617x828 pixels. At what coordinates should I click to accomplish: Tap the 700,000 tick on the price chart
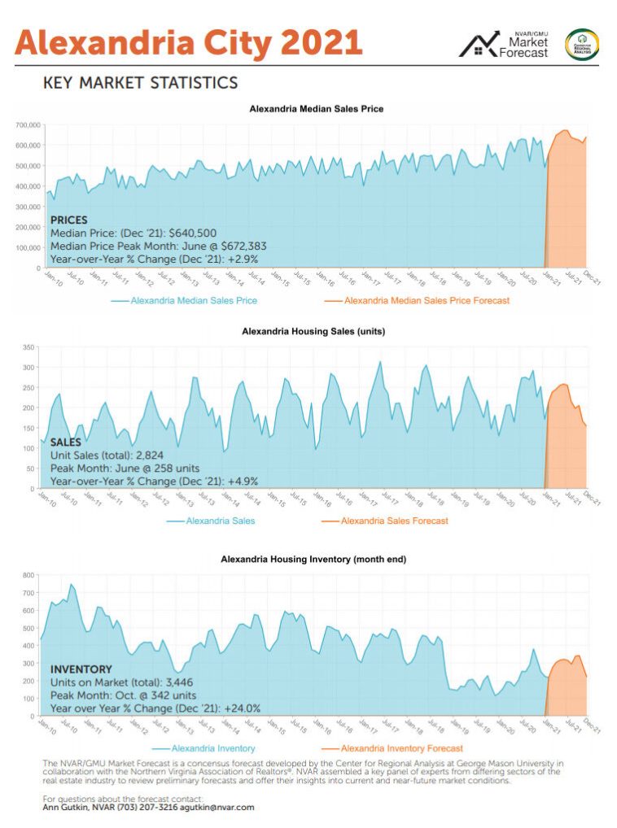(x=27, y=125)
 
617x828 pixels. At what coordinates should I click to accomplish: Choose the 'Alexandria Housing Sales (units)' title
(x=313, y=331)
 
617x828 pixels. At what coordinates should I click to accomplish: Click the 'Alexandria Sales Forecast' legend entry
(x=394, y=521)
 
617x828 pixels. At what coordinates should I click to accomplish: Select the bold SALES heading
(x=66, y=442)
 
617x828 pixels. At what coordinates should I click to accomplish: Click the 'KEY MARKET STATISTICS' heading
(x=140, y=82)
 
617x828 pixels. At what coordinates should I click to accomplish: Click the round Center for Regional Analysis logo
(x=582, y=44)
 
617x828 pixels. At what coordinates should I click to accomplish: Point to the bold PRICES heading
(x=69, y=220)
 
